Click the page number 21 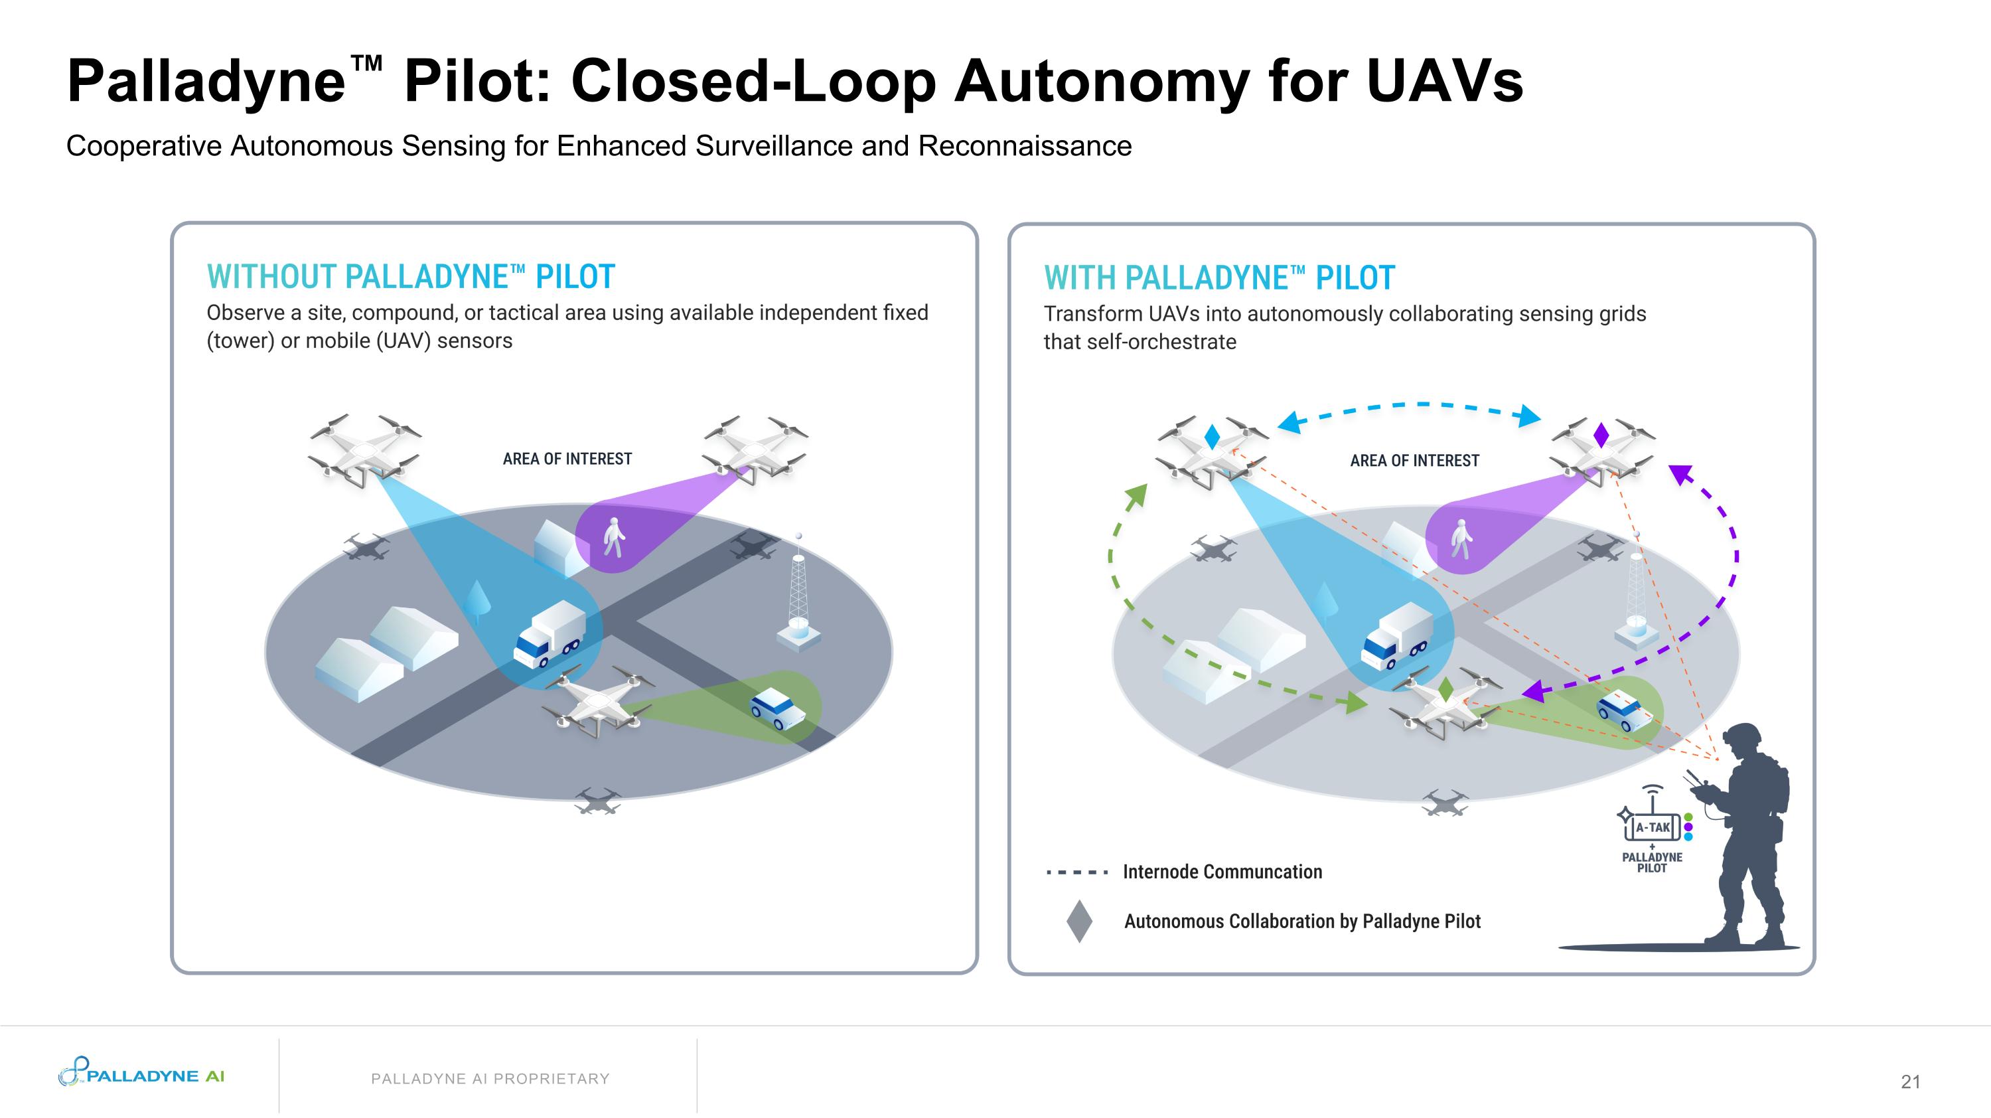point(1910,1081)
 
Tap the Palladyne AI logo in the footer point(141,1074)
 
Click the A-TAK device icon point(1653,827)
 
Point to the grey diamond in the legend point(1079,921)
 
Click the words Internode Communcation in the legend point(1222,872)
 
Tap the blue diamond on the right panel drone point(1212,436)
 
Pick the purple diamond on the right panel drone point(1601,435)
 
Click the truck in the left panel point(550,633)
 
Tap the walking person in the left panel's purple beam point(613,536)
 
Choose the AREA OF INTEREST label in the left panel point(567,459)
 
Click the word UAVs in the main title point(1445,81)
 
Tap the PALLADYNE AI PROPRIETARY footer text point(490,1079)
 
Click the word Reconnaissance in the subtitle point(1025,146)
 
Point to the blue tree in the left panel point(479,600)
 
